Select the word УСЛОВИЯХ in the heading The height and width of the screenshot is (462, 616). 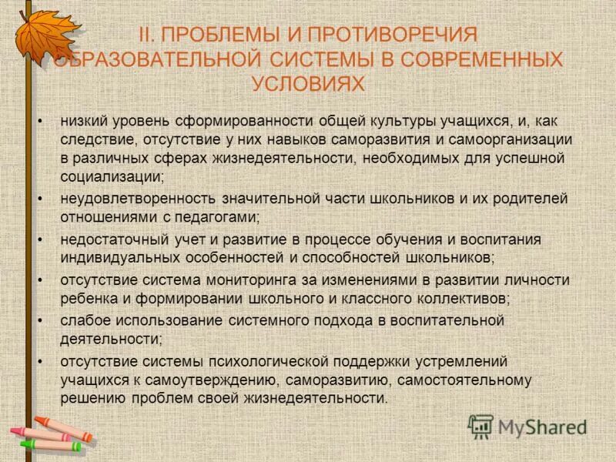point(308,83)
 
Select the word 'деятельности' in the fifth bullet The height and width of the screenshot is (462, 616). point(109,339)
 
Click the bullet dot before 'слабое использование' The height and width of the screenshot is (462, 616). point(40,320)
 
